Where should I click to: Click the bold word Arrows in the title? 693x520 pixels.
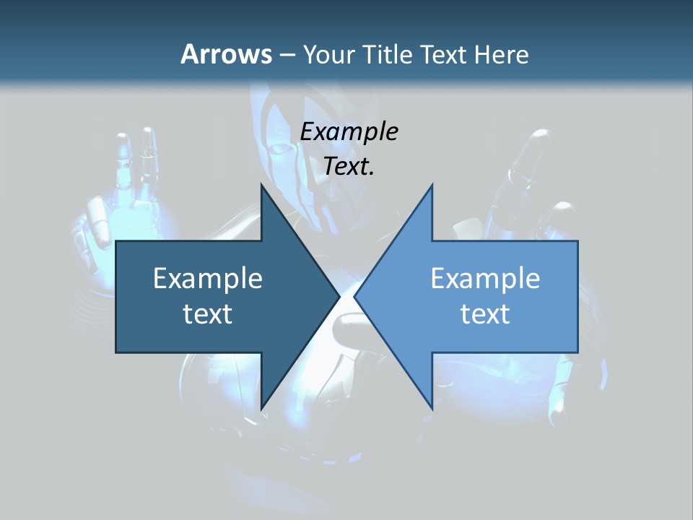tap(226, 54)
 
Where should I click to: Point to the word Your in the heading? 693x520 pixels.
tap(328, 55)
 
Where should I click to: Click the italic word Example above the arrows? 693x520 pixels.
tap(349, 131)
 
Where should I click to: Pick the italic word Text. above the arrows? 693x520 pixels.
tap(349, 166)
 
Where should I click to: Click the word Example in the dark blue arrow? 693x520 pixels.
tap(208, 279)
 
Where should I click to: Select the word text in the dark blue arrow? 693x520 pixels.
tap(208, 313)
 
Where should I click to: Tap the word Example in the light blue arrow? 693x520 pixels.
tap(485, 279)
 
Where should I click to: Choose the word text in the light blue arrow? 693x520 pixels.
tap(485, 313)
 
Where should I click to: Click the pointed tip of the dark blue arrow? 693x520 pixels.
tap(339, 297)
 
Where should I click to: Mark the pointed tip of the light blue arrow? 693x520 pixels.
tap(354, 297)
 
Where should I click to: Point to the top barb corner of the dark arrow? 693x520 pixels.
tap(261, 185)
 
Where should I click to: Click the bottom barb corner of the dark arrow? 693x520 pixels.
tap(261, 409)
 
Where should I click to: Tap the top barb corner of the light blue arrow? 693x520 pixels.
tap(432, 185)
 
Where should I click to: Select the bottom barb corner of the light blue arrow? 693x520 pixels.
tap(432, 409)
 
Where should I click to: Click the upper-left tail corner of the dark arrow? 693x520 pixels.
tap(116, 242)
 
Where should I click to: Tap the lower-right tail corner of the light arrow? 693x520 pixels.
tap(577, 352)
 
